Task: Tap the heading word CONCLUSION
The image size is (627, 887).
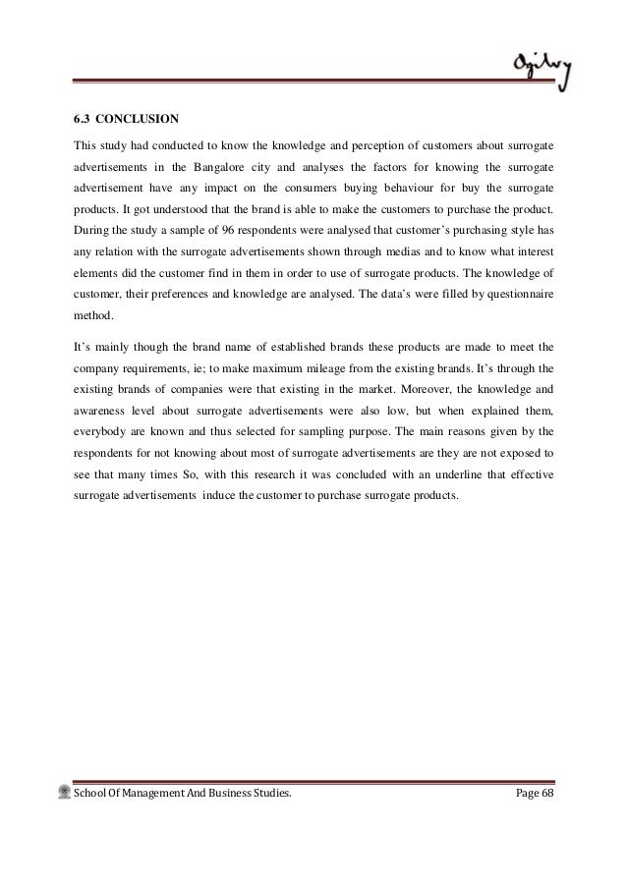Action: click(x=142, y=122)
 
